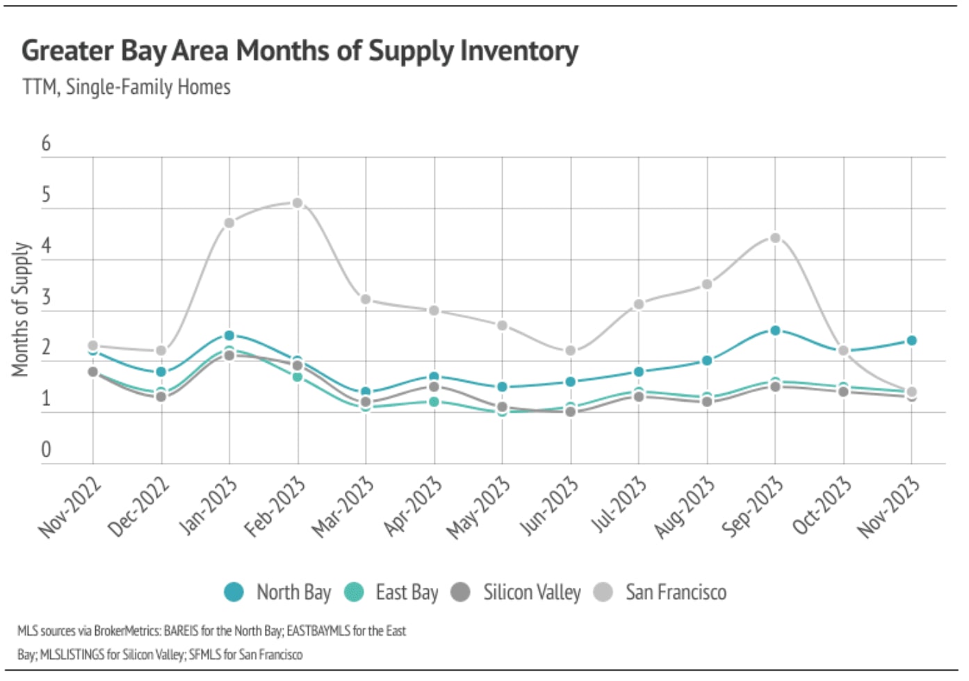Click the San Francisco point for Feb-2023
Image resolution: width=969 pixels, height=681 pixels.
pyautogui.click(x=298, y=203)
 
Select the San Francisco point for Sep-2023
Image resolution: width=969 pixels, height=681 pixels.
pyautogui.click(x=775, y=238)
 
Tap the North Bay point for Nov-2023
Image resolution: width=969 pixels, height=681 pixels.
pyautogui.click(x=911, y=340)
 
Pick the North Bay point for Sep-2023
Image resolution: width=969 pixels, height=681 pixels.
pyautogui.click(x=775, y=330)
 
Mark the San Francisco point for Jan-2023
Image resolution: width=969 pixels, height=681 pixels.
pyautogui.click(x=229, y=223)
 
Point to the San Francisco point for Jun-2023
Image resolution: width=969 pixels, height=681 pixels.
pyautogui.click(x=571, y=351)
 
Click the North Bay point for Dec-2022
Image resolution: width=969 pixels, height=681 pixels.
pyautogui.click(x=161, y=372)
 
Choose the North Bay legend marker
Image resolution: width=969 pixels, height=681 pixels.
pyautogui.click(x=234, y=592)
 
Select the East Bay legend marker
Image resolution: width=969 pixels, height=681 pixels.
pyautogui.click(x=354, y=592)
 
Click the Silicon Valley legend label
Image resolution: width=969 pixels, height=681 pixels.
pyautogui.click(x=532, y=592)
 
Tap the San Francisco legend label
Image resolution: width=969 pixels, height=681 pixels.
pyautogui.click(x=676, y=592)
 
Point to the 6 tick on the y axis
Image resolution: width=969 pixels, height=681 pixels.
pyautogui.click(x=46, y=143)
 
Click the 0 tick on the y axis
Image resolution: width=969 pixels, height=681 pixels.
pyautogui.click(x=46, y=450)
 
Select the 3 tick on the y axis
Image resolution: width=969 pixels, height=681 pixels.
pyautogui.click(x=46, y=297)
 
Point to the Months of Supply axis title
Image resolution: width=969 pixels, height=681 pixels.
pyautogui.click(x=21, y=310)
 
